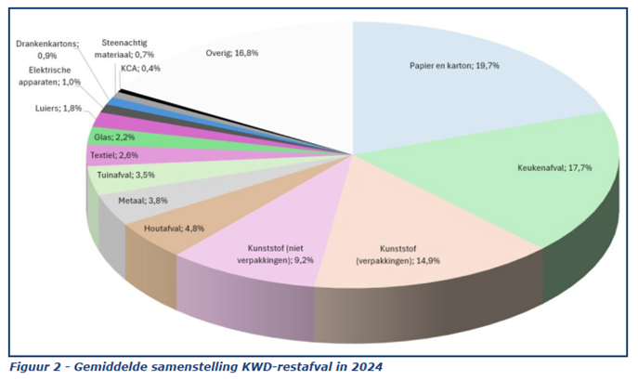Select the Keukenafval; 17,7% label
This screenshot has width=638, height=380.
(554, 168)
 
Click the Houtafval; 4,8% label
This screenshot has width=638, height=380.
(169, 227)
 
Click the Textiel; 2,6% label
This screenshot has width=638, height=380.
(113, 155)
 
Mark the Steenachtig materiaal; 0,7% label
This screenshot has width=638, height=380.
(124, 48)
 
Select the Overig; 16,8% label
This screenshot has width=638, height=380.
(232, 53)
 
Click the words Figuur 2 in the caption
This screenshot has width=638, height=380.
(34, 366)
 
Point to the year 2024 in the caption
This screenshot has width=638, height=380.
(364, 366)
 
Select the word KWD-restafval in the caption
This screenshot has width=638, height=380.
(280, 366)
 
